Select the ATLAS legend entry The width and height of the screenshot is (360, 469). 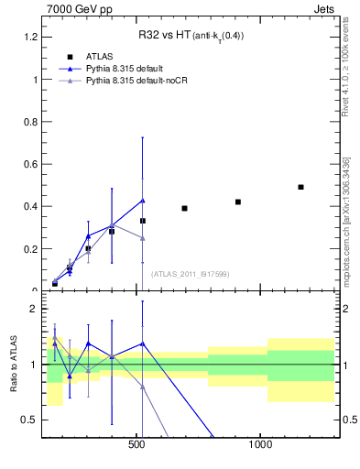pos(100,56)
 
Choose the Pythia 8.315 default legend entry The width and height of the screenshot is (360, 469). pos(129,69)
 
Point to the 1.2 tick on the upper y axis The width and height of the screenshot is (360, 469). pos(29,37)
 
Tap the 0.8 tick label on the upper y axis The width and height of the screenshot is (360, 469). pos(29,122)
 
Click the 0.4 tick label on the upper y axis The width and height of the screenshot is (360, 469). pos(29,206)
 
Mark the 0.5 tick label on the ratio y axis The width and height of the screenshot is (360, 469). pos(29,420)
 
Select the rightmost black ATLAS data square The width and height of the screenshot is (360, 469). pos(300,187)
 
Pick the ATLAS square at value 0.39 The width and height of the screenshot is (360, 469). pos(184,208)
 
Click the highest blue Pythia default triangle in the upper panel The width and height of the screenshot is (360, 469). pos(143,200)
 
